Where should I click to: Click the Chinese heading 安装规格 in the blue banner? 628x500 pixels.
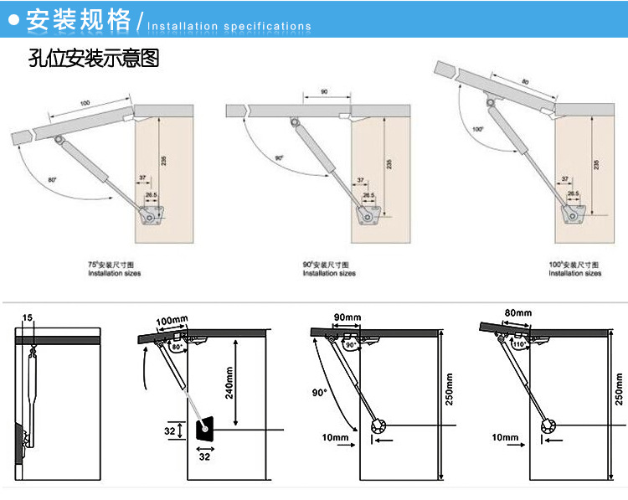(79, 20)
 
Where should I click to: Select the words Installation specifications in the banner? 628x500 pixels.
(229, 26)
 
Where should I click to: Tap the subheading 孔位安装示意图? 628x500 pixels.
(93, 59)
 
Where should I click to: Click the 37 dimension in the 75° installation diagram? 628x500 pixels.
(142, 178)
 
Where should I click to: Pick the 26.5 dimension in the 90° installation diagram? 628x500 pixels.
(368, 195)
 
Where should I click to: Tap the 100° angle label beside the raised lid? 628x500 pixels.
(477, 129)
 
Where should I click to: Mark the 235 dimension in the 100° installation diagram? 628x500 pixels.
(595, 164)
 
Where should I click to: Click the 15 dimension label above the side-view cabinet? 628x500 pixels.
(27, 318)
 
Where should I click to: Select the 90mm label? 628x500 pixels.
(347, 317)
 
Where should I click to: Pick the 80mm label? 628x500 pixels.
(518, 313)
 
